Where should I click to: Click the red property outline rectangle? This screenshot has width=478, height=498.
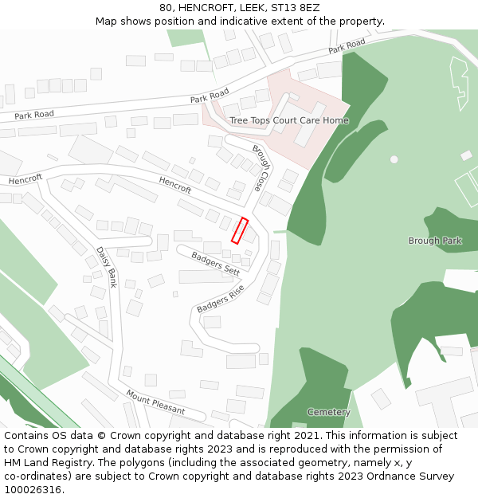point(240,230)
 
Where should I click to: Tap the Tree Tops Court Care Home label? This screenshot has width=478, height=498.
point(288,120)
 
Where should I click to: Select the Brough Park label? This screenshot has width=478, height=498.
point(435,241)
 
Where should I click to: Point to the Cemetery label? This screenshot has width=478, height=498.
point(328,412)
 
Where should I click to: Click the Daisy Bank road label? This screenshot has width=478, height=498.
point(106,266)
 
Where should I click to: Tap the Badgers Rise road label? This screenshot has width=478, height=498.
point(220,298)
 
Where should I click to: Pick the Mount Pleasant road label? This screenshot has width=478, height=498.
point(155,402)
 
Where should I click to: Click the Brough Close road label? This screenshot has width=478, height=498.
point(261,168)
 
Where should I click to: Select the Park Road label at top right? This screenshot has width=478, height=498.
point(347,46)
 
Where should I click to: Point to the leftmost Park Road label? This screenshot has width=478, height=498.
point(34,115)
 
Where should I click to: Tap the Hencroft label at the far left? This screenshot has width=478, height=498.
point(25,179)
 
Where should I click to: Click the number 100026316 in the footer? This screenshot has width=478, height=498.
point(34,489)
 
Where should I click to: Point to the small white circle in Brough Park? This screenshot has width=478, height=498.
point(394,159)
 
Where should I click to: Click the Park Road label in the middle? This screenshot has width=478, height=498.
point(210,96)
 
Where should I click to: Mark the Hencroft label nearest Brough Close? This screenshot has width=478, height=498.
point(175,185)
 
